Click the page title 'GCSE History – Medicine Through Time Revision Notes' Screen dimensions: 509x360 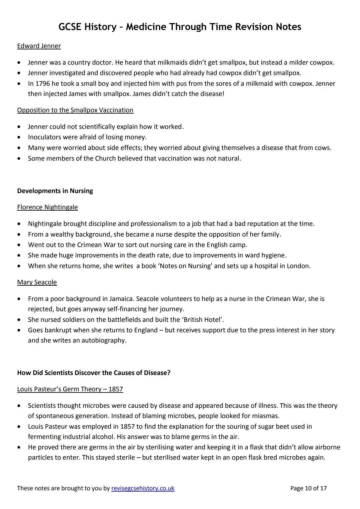pyautogui.click(x=180, y=27)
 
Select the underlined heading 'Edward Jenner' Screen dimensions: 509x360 pyautogui.click(x=39, y=46)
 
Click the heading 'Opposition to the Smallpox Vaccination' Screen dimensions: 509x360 pyautogui.click(x=75, y=110)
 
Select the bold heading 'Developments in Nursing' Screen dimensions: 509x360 pyautogui.click(x=55, y=191)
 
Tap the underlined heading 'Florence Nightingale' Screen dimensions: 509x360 pyautogui.click(x=47, y=207)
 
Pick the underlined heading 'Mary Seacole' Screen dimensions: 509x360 pyautogui.click(x=37, y=282)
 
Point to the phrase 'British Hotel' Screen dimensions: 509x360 pyautogui.click(x=201, y=320)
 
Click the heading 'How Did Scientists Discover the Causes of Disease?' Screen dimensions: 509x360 pyautogui.click(x=94, y=373)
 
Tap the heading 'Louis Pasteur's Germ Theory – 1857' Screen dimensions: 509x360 pyautogui.click(x=70, y=389)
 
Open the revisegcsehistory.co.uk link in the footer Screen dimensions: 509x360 pyautogui.click(x=143, y=488)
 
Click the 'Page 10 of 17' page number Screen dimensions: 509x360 pyautogui.click(x=308, y=488)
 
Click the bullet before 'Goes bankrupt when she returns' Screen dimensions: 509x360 pyautogui.click(x=21, y=330)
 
